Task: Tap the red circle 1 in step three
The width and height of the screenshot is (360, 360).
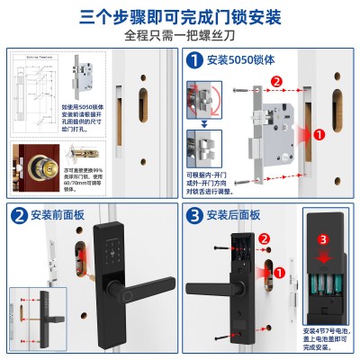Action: click(280, 271)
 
